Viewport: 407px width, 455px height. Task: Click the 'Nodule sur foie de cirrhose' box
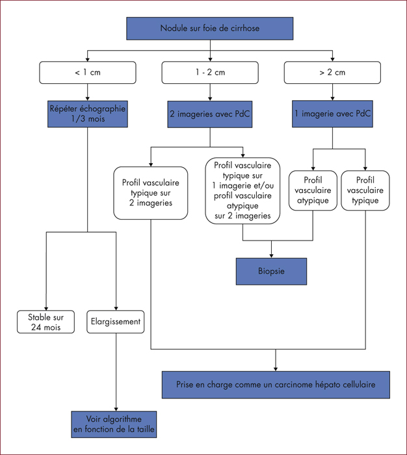tap(209, 29)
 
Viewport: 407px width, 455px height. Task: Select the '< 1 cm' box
tap(88, 73)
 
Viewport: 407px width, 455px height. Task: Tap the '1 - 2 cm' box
tap(210, 73)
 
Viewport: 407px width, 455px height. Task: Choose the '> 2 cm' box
tap(332, 73)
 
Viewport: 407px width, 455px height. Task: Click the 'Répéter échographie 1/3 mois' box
tap(88, 114)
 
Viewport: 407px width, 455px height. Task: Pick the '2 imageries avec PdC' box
tap(210, 114)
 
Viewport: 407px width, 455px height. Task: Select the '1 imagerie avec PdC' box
tap(332, 114)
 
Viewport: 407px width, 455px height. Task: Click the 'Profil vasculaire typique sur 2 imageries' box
tap(151, 193)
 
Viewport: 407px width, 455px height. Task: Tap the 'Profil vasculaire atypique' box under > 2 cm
tap(313, 190)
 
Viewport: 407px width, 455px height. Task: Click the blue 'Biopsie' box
tap(271, 271)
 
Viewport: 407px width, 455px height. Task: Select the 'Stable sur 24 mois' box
tap(46, 322)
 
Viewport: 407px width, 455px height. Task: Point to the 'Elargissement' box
tap(116, 322)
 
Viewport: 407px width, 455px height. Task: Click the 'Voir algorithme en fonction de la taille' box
tap(114, 424)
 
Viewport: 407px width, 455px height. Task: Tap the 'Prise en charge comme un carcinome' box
tap(276, 385)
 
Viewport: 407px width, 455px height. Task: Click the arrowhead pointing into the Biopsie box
tap(271, 256)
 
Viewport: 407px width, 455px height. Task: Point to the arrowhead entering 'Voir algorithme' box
tap(116, 409)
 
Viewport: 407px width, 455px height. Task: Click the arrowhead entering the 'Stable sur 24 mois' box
tap(46, 309)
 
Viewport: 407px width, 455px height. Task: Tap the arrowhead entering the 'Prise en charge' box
tap(276, 369)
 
